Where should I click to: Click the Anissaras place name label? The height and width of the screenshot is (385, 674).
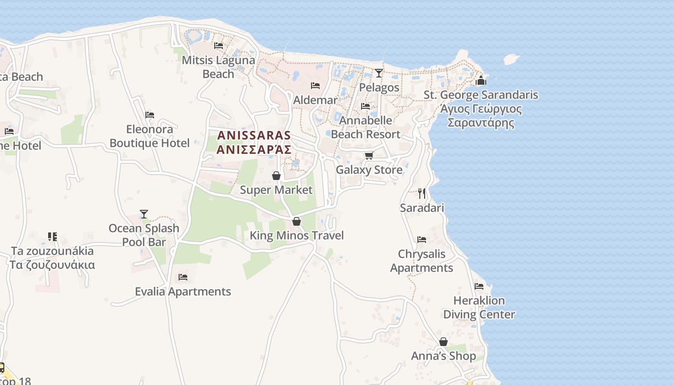[254, 142]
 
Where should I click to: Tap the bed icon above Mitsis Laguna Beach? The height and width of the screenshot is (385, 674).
[219, 46]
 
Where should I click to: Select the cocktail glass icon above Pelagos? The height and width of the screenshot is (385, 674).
[379, 73]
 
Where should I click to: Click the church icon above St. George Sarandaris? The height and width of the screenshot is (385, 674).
[480, 80]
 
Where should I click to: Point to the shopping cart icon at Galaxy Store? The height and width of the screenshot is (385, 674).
[369, 155]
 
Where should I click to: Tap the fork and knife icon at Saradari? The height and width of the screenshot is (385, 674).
[422, 193]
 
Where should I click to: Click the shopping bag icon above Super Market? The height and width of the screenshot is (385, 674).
[276, 176]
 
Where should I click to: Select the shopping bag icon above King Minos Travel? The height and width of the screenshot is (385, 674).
[297, 221]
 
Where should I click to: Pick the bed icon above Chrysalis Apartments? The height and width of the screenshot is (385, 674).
[422, 240]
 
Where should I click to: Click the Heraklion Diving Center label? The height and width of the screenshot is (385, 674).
[479, 308]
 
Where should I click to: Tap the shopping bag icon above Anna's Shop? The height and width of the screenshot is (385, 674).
[443, 342]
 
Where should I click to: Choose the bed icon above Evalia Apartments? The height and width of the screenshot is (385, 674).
[182, 277]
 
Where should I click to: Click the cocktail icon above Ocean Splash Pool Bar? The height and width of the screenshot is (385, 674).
[143, 214]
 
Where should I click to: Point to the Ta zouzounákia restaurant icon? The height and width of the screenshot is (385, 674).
[52, 237]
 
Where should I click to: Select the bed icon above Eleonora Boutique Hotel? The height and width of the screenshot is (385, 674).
[150, 115]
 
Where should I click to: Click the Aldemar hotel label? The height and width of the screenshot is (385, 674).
[315, 100]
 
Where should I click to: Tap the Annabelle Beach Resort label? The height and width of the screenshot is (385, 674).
[366, 127]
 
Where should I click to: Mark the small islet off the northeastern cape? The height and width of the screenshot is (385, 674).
[511, 59]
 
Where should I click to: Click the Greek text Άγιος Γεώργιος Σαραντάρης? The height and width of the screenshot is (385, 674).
[481, 115]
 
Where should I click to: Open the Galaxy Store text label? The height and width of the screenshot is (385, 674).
[369, 170]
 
